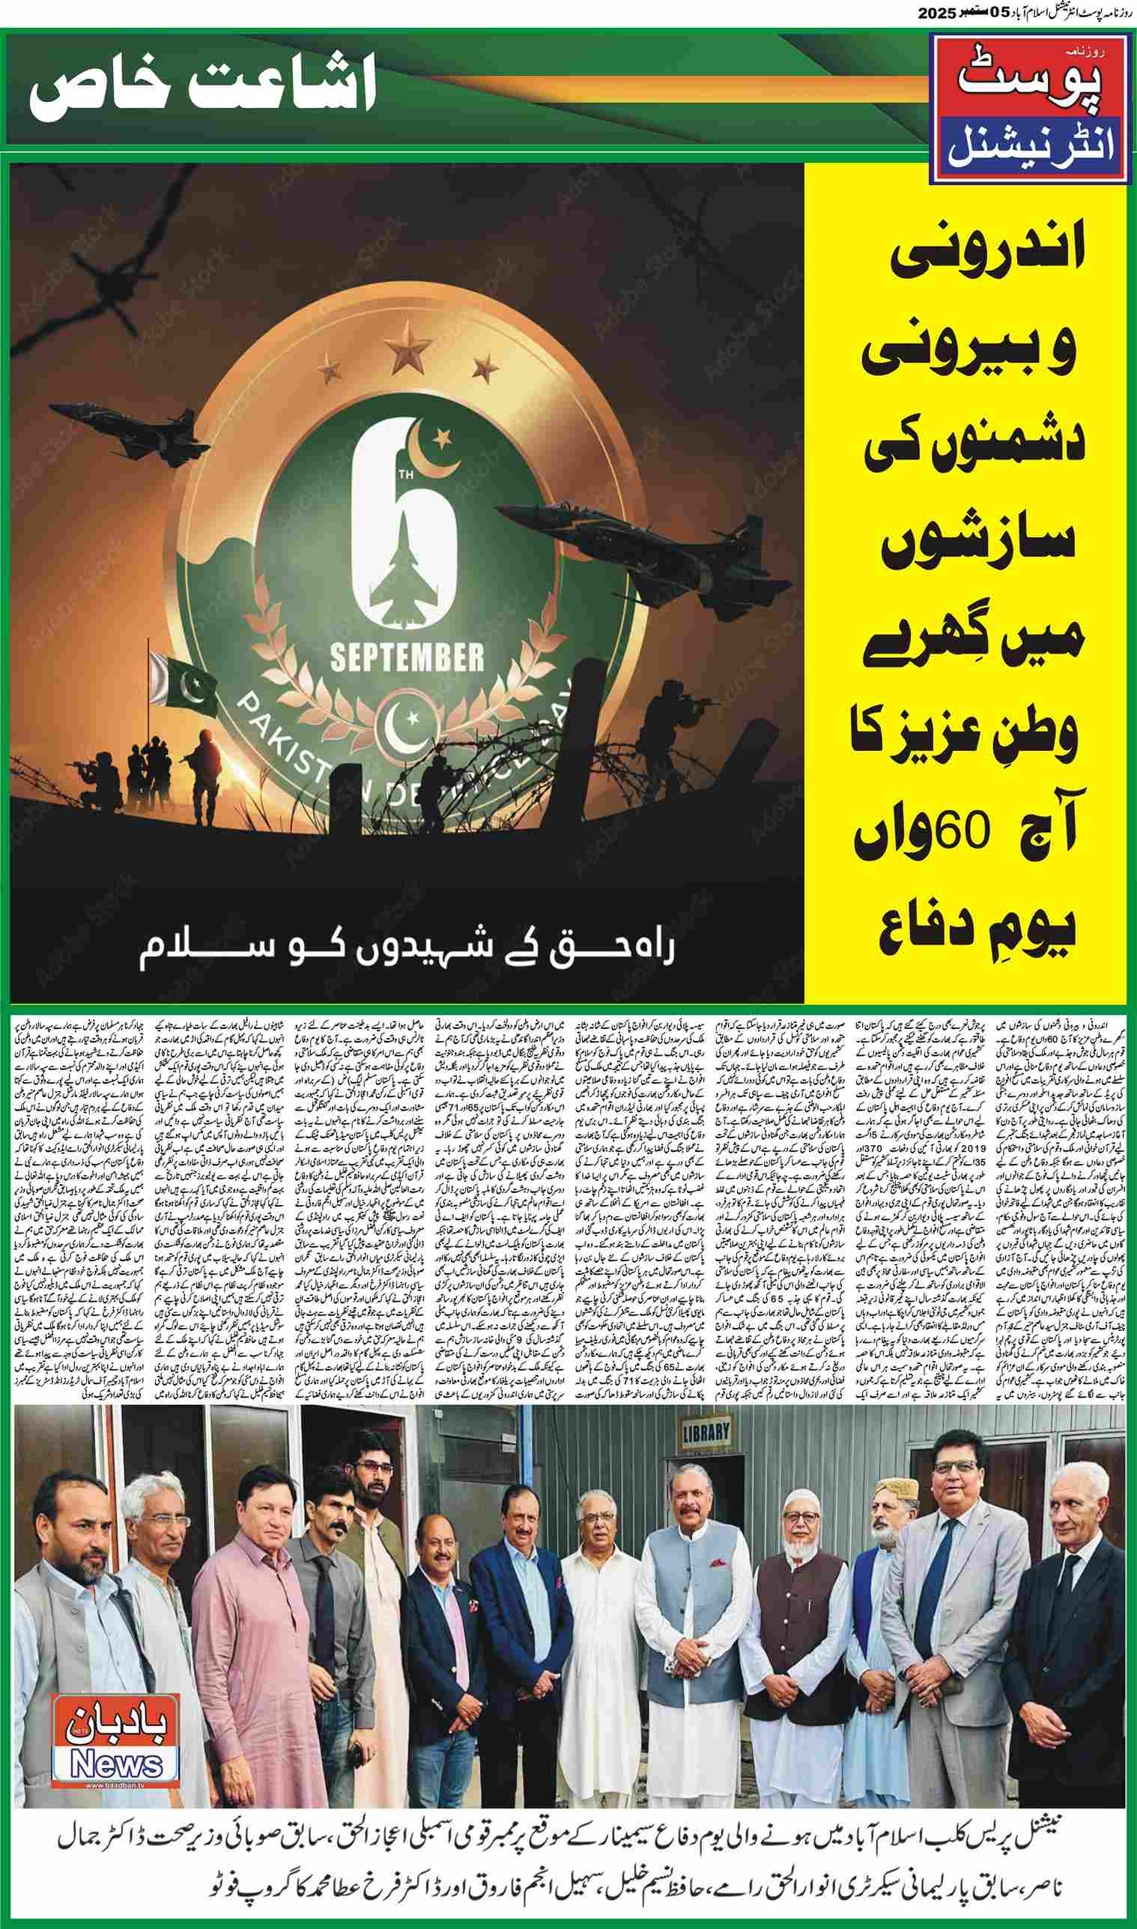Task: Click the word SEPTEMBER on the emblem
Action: tap(407, 656)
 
